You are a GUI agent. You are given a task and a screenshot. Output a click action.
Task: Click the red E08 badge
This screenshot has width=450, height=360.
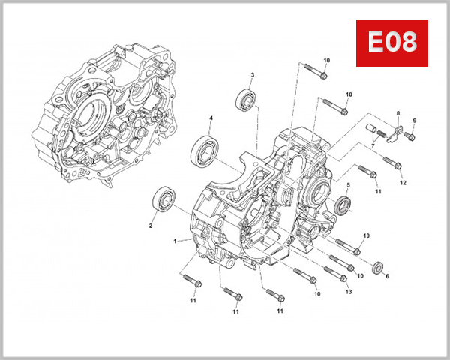[391, 43]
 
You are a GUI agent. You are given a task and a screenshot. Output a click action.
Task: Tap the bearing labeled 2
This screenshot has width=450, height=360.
[163, 200]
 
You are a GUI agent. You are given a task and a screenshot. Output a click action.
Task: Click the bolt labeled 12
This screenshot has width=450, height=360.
[391, 162]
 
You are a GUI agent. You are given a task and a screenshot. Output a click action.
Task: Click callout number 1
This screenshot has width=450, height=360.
[175, 241]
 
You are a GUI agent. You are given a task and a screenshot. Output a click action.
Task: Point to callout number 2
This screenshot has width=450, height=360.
[151, 225]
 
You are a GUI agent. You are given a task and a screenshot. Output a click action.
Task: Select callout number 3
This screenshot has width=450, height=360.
[252, 74]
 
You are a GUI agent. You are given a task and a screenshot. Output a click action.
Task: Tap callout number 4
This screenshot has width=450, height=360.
[211, 118]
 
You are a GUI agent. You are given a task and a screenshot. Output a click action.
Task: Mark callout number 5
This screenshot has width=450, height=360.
[347, 184]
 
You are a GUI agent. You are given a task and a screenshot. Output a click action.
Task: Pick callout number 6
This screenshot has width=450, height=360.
[387, 276]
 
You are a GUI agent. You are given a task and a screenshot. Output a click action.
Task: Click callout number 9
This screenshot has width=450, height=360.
[414, 121]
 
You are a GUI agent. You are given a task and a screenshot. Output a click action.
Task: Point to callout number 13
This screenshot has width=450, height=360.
[348, 291]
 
